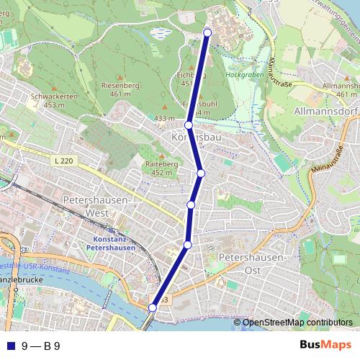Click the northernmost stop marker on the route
pos(208,32)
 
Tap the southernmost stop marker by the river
pos(152,307)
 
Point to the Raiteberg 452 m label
pos(158,168)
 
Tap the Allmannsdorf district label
pos(325,112)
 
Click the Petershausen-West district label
pos(96,205)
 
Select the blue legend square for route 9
pos(10,346)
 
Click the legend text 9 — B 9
pos(40,346)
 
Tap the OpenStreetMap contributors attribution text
pos(297,322)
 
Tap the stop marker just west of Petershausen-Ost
pos(187,246)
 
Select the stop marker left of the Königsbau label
pos(189,125)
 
